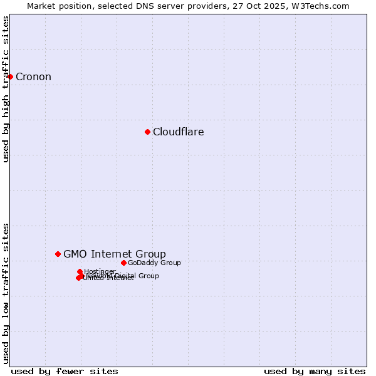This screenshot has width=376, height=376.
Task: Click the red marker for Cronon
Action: [10, 76]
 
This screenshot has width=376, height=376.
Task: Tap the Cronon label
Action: [33, 77]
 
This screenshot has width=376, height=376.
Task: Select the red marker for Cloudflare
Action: [147, 132]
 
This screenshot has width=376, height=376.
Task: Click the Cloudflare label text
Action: [178, 132]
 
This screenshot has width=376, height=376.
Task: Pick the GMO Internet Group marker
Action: [58, 254]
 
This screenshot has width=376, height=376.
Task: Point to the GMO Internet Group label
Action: [115, 254]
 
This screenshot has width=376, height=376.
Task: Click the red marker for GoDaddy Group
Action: [123, 263]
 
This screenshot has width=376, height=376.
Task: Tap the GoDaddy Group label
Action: [154, 263]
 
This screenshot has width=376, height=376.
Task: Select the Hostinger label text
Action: [100, 271]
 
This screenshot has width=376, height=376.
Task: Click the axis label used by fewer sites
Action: [65, 371]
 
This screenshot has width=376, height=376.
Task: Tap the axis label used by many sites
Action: [315, 371]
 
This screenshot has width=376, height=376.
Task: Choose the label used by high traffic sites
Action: [6, 89]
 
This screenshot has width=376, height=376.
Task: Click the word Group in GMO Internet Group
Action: [152, 254]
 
